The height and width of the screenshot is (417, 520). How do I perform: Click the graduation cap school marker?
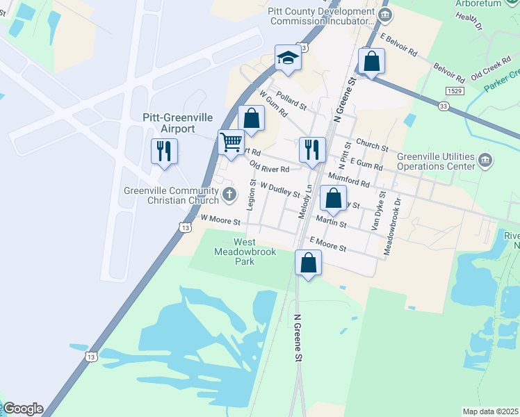tap(287, 58)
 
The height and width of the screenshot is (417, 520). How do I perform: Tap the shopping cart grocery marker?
tap(231, 142)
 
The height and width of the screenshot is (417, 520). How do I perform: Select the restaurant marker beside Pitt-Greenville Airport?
tap(164, 150)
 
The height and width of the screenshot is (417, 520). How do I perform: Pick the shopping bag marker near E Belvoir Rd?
tap(372, 60)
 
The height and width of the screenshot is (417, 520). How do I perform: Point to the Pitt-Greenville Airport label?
tap(177, 123)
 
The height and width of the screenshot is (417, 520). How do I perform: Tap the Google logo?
tap(23, 409)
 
